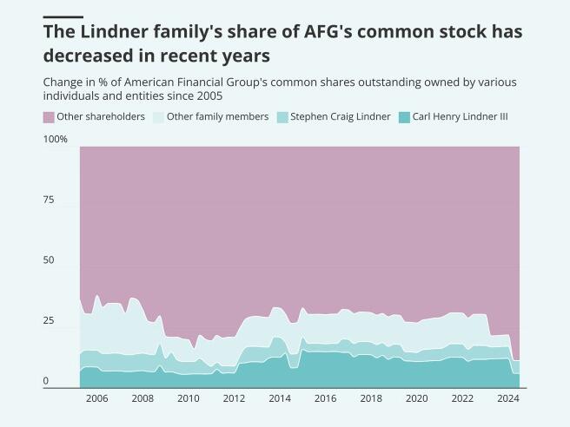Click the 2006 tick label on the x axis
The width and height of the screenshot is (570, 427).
(x=96, y=398)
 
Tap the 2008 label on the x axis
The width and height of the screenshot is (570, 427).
(x=142, y=398)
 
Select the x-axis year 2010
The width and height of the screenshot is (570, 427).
(x=188, y=398)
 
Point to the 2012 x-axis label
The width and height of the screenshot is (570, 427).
(x=234, y=398)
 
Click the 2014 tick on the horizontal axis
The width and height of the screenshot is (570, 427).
(x=279, y=398)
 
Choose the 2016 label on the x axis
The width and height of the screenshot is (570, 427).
(x=325, y=398)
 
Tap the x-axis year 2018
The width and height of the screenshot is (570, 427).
(x=371, y=398)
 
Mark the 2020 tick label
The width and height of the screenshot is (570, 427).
(x=416, y=398)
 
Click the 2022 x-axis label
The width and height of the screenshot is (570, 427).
(x=462, y=398)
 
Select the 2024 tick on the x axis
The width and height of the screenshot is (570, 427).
(x=507, y=398)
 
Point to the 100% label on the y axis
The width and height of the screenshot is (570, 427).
(x=55, y=140)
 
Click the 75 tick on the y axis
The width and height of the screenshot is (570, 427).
(x=49, y=200)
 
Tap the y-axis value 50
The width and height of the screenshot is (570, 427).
(x=49, y=260)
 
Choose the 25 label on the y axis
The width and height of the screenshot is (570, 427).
(x=49, y=321)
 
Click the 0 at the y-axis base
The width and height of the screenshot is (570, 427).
(x=46, y=382)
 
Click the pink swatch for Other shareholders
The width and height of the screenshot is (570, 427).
(x=49, y=116)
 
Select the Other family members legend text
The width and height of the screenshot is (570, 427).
(x=217, y=116)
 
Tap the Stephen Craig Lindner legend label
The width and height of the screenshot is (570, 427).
(x=340, y=116)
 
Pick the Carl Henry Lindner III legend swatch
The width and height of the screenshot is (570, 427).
(x=404, y=116)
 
